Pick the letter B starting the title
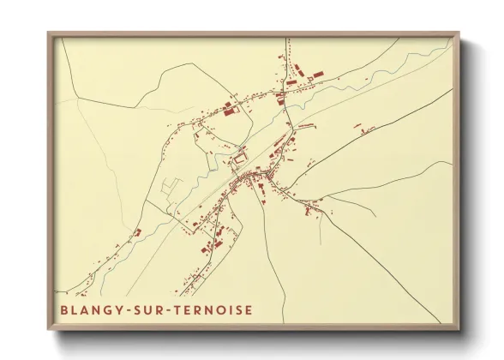click(64, 309)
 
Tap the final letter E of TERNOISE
click(249, 309)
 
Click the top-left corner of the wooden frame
click(48, 33)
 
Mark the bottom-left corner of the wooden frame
click(48, 329)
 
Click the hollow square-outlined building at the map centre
click(241, 156)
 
